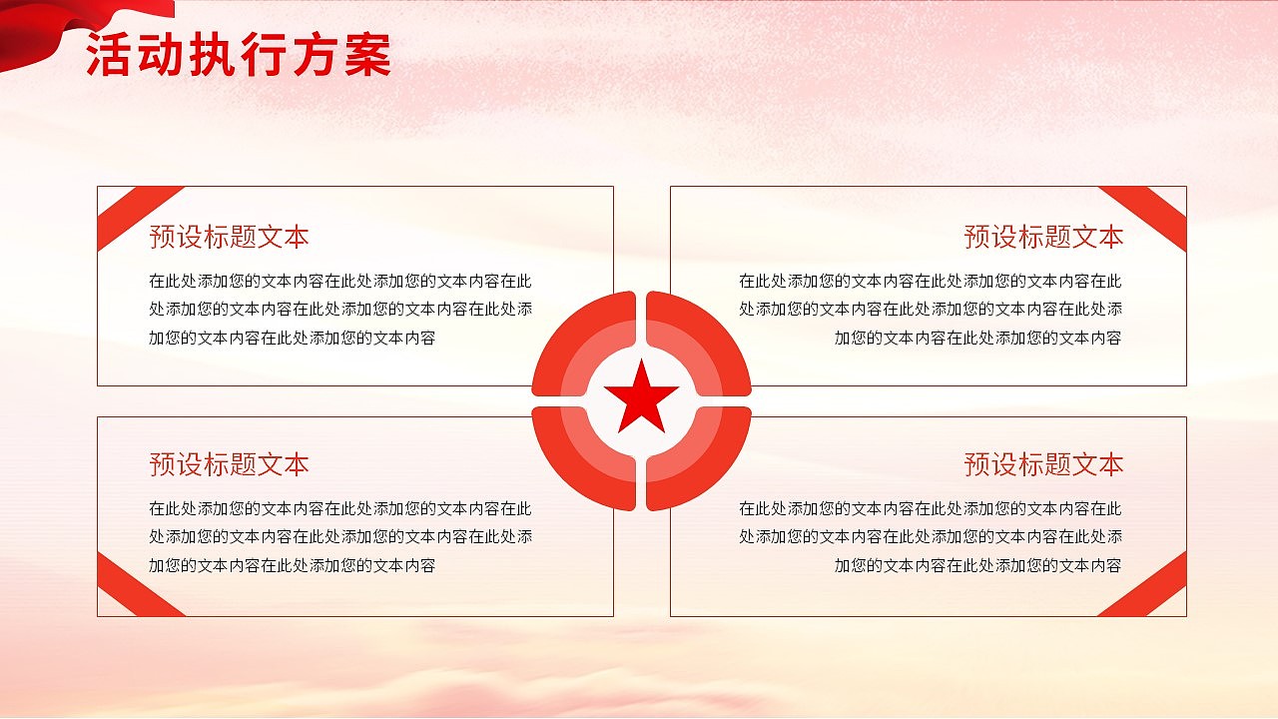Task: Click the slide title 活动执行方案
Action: pyautogui.click(x=238, y=56)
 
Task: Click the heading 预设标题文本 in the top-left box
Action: pyautogui.click(x=229, y=237)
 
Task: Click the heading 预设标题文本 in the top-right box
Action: pyautogui.click(x=1043, y=237)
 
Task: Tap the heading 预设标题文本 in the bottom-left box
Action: pyautogui.click(x=229, y=464)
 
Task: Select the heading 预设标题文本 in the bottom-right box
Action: pyautogui.click(x=1043, y=464)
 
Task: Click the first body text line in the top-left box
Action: pyautogui.click(x=340, y=282)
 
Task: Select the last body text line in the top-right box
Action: pyautogui.click(x=977, y=338)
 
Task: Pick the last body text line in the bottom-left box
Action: pyautogui.click(x=292, y=565)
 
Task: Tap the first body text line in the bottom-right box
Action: pyautogui.click(x=930, y=509)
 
